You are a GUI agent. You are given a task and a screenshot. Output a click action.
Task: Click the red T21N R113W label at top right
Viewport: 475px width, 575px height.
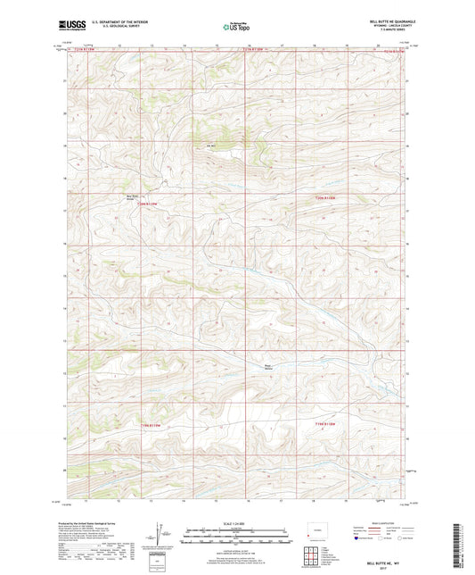(x=393, y=51)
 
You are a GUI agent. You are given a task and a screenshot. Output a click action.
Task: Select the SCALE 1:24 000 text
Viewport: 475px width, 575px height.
(x=236, y=524)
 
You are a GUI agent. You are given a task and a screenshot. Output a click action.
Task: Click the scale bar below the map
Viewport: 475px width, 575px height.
(x=236, y=534)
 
